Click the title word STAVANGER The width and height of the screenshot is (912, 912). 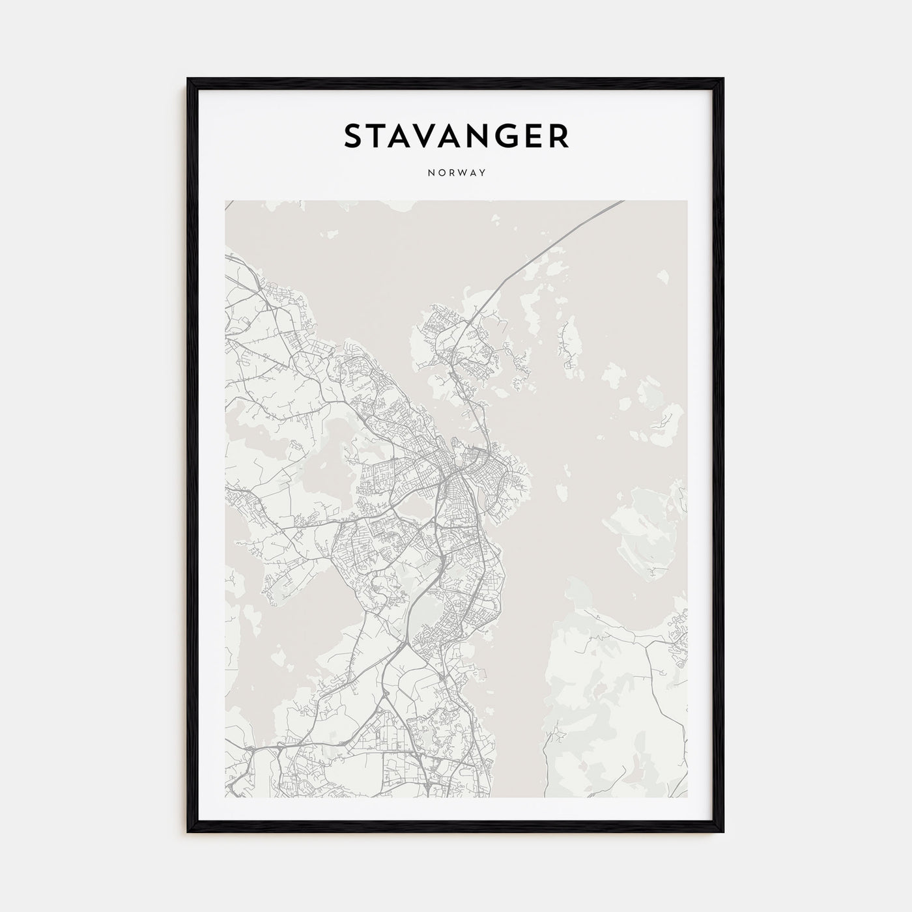(x=456, y=135)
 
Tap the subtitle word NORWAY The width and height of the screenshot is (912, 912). (x=456, y=173)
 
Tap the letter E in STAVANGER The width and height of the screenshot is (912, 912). (x=535, y=135)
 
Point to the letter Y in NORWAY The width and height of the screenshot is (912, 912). (x=483, y=173)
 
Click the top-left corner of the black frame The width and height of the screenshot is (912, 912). (x=189, y=79)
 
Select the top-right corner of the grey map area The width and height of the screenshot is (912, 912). (x=686, y=201)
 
